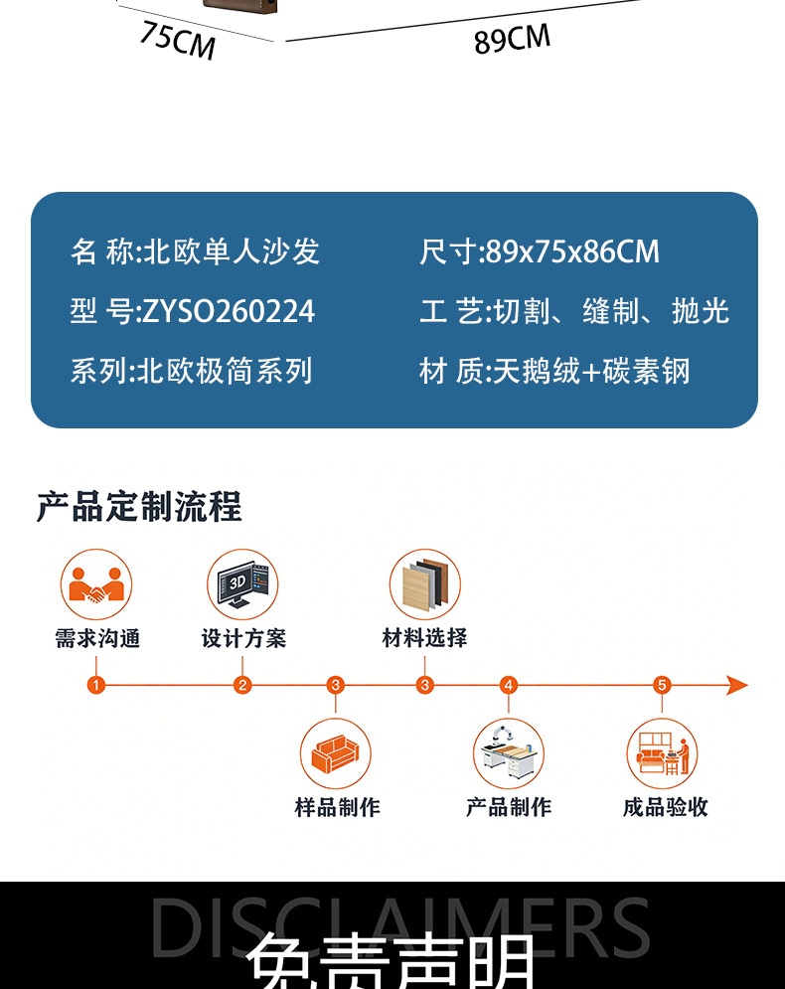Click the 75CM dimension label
tap(177, 40)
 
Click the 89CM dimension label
tap(512, 40)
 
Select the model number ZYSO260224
tap(229, 312)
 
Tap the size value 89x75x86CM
tap(572, 252)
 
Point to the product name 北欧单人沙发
tap(233, 252)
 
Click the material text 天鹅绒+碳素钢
tap(591, 372)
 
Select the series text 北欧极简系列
tap(225, 372)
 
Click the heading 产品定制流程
tap(139, 507)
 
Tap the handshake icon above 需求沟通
tap(96, 584)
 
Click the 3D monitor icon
tap(242, 584)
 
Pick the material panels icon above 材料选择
tap(425, 584)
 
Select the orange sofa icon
tap(336, 754)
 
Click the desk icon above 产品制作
tap(509, 754)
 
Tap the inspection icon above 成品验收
tap(662, 754)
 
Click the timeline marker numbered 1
tap(96, 685)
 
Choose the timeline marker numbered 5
tap(663, 685)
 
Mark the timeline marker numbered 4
tap(509, 685)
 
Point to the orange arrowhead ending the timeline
tap(736, 685)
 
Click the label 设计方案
tap(243, 638)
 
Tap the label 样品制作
tap(337, 807)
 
